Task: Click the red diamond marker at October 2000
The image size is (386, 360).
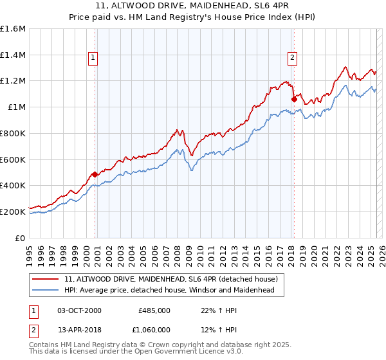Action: (95, 174)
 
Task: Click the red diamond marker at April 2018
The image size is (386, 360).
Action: (294, 99)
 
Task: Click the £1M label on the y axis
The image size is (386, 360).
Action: (17, 107)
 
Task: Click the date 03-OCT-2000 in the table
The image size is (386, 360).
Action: (79, 310)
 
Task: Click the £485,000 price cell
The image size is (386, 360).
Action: (154, 310)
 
